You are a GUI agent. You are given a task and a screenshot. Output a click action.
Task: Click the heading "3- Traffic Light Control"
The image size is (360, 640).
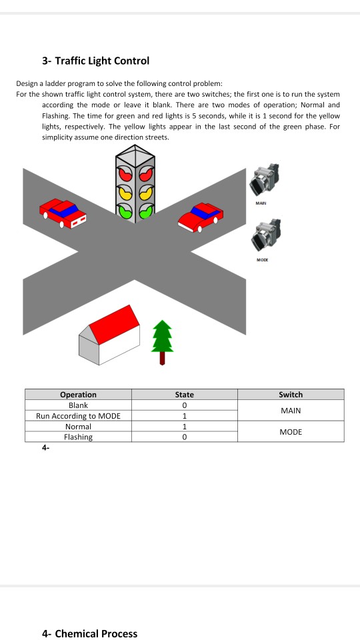(95, 61)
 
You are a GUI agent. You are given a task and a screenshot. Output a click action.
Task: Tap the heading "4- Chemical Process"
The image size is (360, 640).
(90, 633)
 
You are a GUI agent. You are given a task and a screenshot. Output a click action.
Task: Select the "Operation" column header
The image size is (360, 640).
(79, 395)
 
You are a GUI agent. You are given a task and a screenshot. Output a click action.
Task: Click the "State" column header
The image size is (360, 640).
(185, 395)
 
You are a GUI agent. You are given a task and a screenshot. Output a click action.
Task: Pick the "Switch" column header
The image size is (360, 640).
(291, 395)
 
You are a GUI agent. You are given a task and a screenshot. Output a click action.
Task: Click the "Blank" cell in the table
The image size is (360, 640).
(79, 405)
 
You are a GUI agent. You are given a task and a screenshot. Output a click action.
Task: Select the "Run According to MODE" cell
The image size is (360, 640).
(79, 416)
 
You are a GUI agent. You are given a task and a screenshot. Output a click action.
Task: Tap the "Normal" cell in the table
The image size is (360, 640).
(79, 427)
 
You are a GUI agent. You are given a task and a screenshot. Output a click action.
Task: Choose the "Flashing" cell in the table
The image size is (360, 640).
(79, 437)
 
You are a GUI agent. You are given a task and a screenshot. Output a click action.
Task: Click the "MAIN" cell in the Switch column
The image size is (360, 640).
(291, 411)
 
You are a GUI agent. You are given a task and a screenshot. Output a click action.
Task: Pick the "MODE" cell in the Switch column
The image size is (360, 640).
(291, 432)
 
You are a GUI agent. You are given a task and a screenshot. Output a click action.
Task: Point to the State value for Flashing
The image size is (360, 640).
(185, 437)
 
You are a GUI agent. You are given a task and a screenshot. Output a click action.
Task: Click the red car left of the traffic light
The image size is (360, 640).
(63, 213)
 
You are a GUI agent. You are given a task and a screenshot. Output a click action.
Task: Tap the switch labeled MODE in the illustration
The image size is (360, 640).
(265, 236)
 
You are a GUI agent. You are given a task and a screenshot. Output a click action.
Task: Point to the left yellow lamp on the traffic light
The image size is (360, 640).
(125, 192)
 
